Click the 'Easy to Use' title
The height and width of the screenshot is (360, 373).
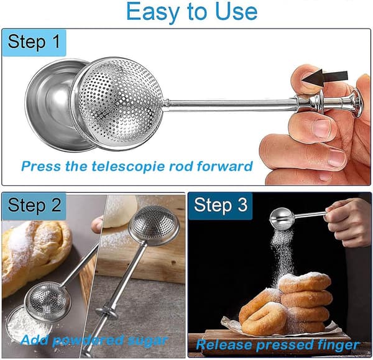click(191, 12)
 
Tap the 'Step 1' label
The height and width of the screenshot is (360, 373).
click(34, 42)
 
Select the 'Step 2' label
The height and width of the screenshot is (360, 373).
click(34, 205)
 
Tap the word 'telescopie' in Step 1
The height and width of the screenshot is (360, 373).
click(129, 166)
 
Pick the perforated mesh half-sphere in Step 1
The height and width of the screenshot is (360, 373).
click(118, 103)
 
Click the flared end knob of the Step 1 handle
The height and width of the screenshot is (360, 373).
click(357, 103)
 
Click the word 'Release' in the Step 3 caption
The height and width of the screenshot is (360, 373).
click(224, 345)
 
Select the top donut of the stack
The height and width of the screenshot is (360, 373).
click(305, 283)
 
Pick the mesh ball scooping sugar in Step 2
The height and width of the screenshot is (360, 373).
click(48, 302)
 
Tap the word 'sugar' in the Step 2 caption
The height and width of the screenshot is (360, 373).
click(148, 341)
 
